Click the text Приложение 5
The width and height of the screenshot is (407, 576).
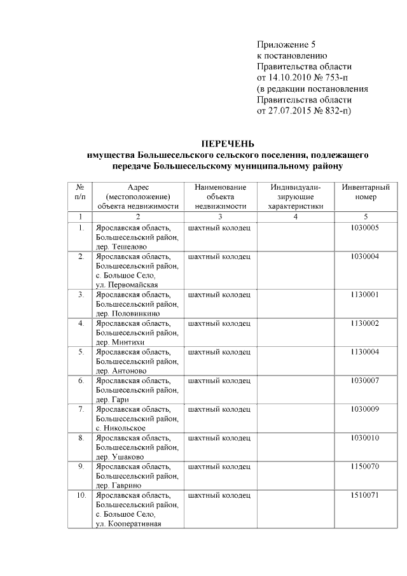(x=286, y=45)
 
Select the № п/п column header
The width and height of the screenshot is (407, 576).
(x=80, y=192)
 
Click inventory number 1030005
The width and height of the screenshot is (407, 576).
(x=365, y=227)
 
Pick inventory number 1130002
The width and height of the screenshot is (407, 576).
(x=365, y=323)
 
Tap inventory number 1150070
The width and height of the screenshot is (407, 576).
(x=365, y=467)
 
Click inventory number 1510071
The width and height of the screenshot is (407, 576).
(x=365, y=495)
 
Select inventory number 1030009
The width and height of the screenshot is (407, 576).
(x=365, y=409)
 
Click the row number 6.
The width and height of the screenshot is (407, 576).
(x=81, y=381)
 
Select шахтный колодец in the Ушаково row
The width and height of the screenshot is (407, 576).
(x=219, y=438)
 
